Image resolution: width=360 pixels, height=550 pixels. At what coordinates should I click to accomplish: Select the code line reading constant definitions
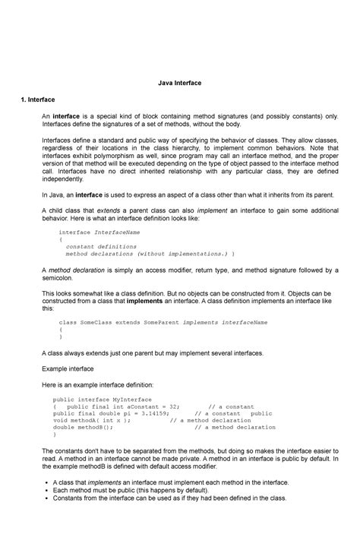(x=101, y=247)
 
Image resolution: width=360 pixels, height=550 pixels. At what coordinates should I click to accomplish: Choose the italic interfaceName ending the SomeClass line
(x=243, y=322)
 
